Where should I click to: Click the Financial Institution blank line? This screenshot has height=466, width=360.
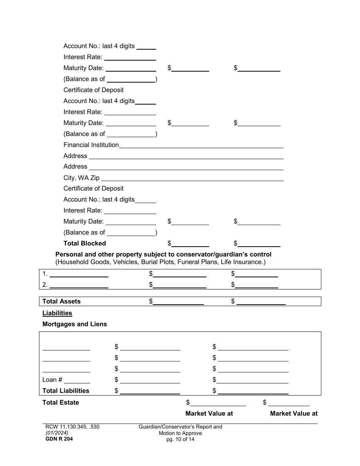pos(201,145)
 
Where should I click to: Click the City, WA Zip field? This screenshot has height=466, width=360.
pos(192,178)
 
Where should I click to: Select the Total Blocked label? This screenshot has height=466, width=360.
pos(85,243)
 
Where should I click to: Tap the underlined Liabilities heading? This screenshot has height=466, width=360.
pos(57,313)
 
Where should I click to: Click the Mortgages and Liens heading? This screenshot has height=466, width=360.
pos(75,324)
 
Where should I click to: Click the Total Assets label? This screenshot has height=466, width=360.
pos(61,301)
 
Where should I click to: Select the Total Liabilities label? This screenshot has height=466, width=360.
pos(66,391)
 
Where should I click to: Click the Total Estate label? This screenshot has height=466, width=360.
pos(61,402)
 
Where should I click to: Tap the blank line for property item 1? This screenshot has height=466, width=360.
pos(79,274)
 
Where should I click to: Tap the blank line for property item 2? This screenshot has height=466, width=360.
pos(79,285)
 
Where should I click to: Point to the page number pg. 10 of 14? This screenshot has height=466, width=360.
pos(180,439)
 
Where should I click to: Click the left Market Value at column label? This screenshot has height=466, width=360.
pos(209,413)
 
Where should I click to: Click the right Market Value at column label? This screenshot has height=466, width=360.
pos(294,413)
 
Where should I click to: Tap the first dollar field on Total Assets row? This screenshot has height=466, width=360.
pos(178,302)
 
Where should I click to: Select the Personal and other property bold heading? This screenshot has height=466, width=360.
pos(163,255)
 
